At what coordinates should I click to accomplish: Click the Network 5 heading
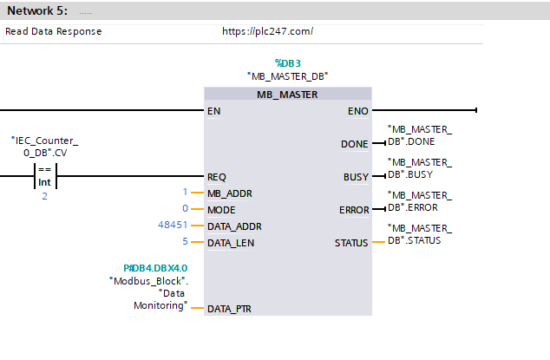pyautogui.click(x=37, y=11)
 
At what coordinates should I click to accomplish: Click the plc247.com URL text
pyautogui.click(x=268, y=31)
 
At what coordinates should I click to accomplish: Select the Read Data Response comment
pyautogui.click(x=53, y=31)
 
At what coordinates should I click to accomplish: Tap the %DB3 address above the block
pyautogui.click(x=288, y=63)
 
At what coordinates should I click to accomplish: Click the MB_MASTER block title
pyautogui.click(x=287, y=95)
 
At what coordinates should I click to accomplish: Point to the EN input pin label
pyautogui.click(x=213, y=111)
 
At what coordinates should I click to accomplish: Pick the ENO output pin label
pyautogui.click(x=357, y=111)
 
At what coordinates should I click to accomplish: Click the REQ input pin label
pyautogui.click(x=216, y=177)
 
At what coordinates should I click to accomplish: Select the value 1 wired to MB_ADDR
pyautogui.click(x=185, y=192)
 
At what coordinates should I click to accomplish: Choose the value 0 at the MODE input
pyautogui.click(x=185, y=208)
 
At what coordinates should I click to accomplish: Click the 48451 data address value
pyautogui.click(x=173, y=225)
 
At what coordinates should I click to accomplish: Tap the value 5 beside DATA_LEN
pyautogui.click(x=185, y=241)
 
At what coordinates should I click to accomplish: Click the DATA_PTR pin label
pyautogui.click(x=229, y=309)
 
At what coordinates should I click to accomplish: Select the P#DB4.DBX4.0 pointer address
pyautogui.click(x=155, y=268)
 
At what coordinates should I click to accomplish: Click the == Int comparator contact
pyautogui.click(x=45, y=176)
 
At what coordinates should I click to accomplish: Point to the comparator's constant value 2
pyautogui.click(x=44, y=196)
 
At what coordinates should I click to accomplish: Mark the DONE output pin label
pyautogui.click(x=354, y=144)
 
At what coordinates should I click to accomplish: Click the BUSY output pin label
pyautogui.click(x=356, y=177)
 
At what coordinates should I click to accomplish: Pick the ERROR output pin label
pyautogui.click(x=354, y=210)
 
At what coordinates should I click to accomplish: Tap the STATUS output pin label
pyautogui.click(x=351, y=243)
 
